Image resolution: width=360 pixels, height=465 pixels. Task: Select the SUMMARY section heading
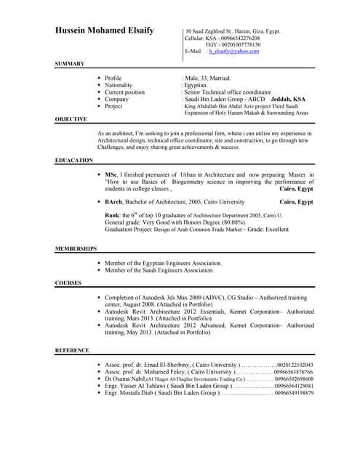[x=70, y=64]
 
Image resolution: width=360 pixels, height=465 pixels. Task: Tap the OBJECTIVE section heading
[x=71, y=118]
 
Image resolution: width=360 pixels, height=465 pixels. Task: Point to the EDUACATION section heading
[x=74, y=160]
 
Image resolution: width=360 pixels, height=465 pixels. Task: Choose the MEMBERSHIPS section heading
[x=76, y=248]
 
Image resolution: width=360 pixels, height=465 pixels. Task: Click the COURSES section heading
[x=68, y=282]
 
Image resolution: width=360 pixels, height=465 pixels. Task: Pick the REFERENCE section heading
[x=73, y=350]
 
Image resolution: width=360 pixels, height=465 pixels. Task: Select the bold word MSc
[x=111, y=176]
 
